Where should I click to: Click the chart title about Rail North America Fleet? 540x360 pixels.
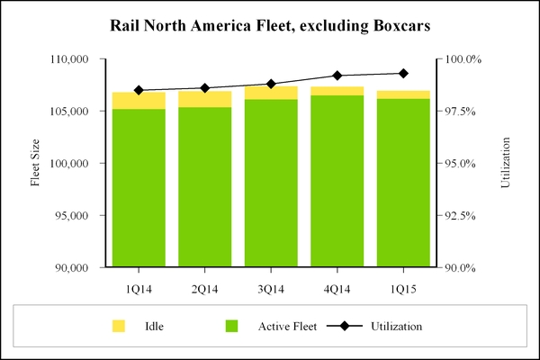point(269,24)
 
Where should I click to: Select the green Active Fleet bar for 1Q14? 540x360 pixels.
point(139,189)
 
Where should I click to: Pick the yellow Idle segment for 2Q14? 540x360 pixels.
point(205,99)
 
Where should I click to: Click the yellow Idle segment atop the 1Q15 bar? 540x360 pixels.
point(403,94)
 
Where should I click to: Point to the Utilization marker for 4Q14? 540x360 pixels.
point(337,76)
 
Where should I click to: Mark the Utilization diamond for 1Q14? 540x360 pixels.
point(139,90)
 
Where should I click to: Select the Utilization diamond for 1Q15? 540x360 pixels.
point(403,73)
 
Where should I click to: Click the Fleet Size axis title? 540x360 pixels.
point(36,164)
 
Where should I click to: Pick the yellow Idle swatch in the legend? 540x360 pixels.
point(119,325)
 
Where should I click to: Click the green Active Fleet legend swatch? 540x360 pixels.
point(233,325)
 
